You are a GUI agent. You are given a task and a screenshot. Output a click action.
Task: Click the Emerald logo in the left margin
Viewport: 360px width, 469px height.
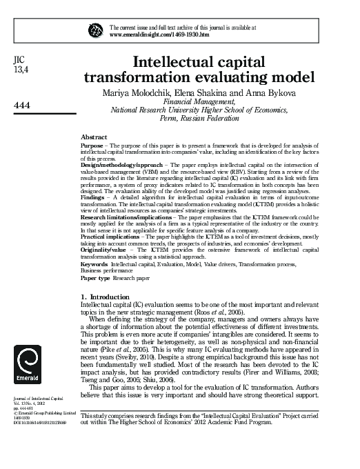point(28,366)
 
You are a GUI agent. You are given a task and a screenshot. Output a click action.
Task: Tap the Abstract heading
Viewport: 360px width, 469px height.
point(94,138)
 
